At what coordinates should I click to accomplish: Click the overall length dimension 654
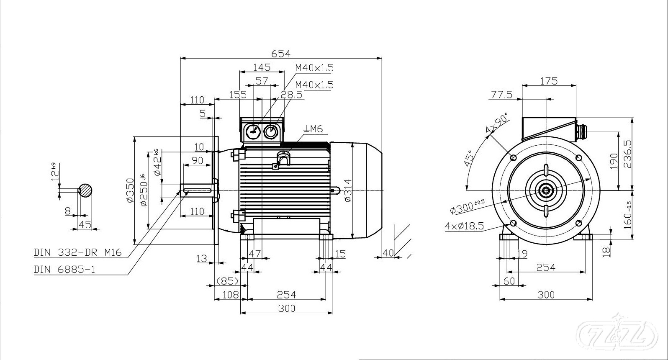280,54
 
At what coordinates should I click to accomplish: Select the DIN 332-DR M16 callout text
77,252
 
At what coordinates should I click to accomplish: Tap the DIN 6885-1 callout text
64,269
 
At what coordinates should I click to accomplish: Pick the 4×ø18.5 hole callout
464,226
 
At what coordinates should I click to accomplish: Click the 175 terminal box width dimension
549,81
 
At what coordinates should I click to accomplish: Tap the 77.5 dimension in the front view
501,95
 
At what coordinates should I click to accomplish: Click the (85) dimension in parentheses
227,280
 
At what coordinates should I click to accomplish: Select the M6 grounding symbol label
314,129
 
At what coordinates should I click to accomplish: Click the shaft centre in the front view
546,191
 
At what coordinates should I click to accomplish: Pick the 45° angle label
470,158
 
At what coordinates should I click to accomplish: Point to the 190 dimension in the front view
614,161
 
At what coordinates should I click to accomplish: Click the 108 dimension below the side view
230,295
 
